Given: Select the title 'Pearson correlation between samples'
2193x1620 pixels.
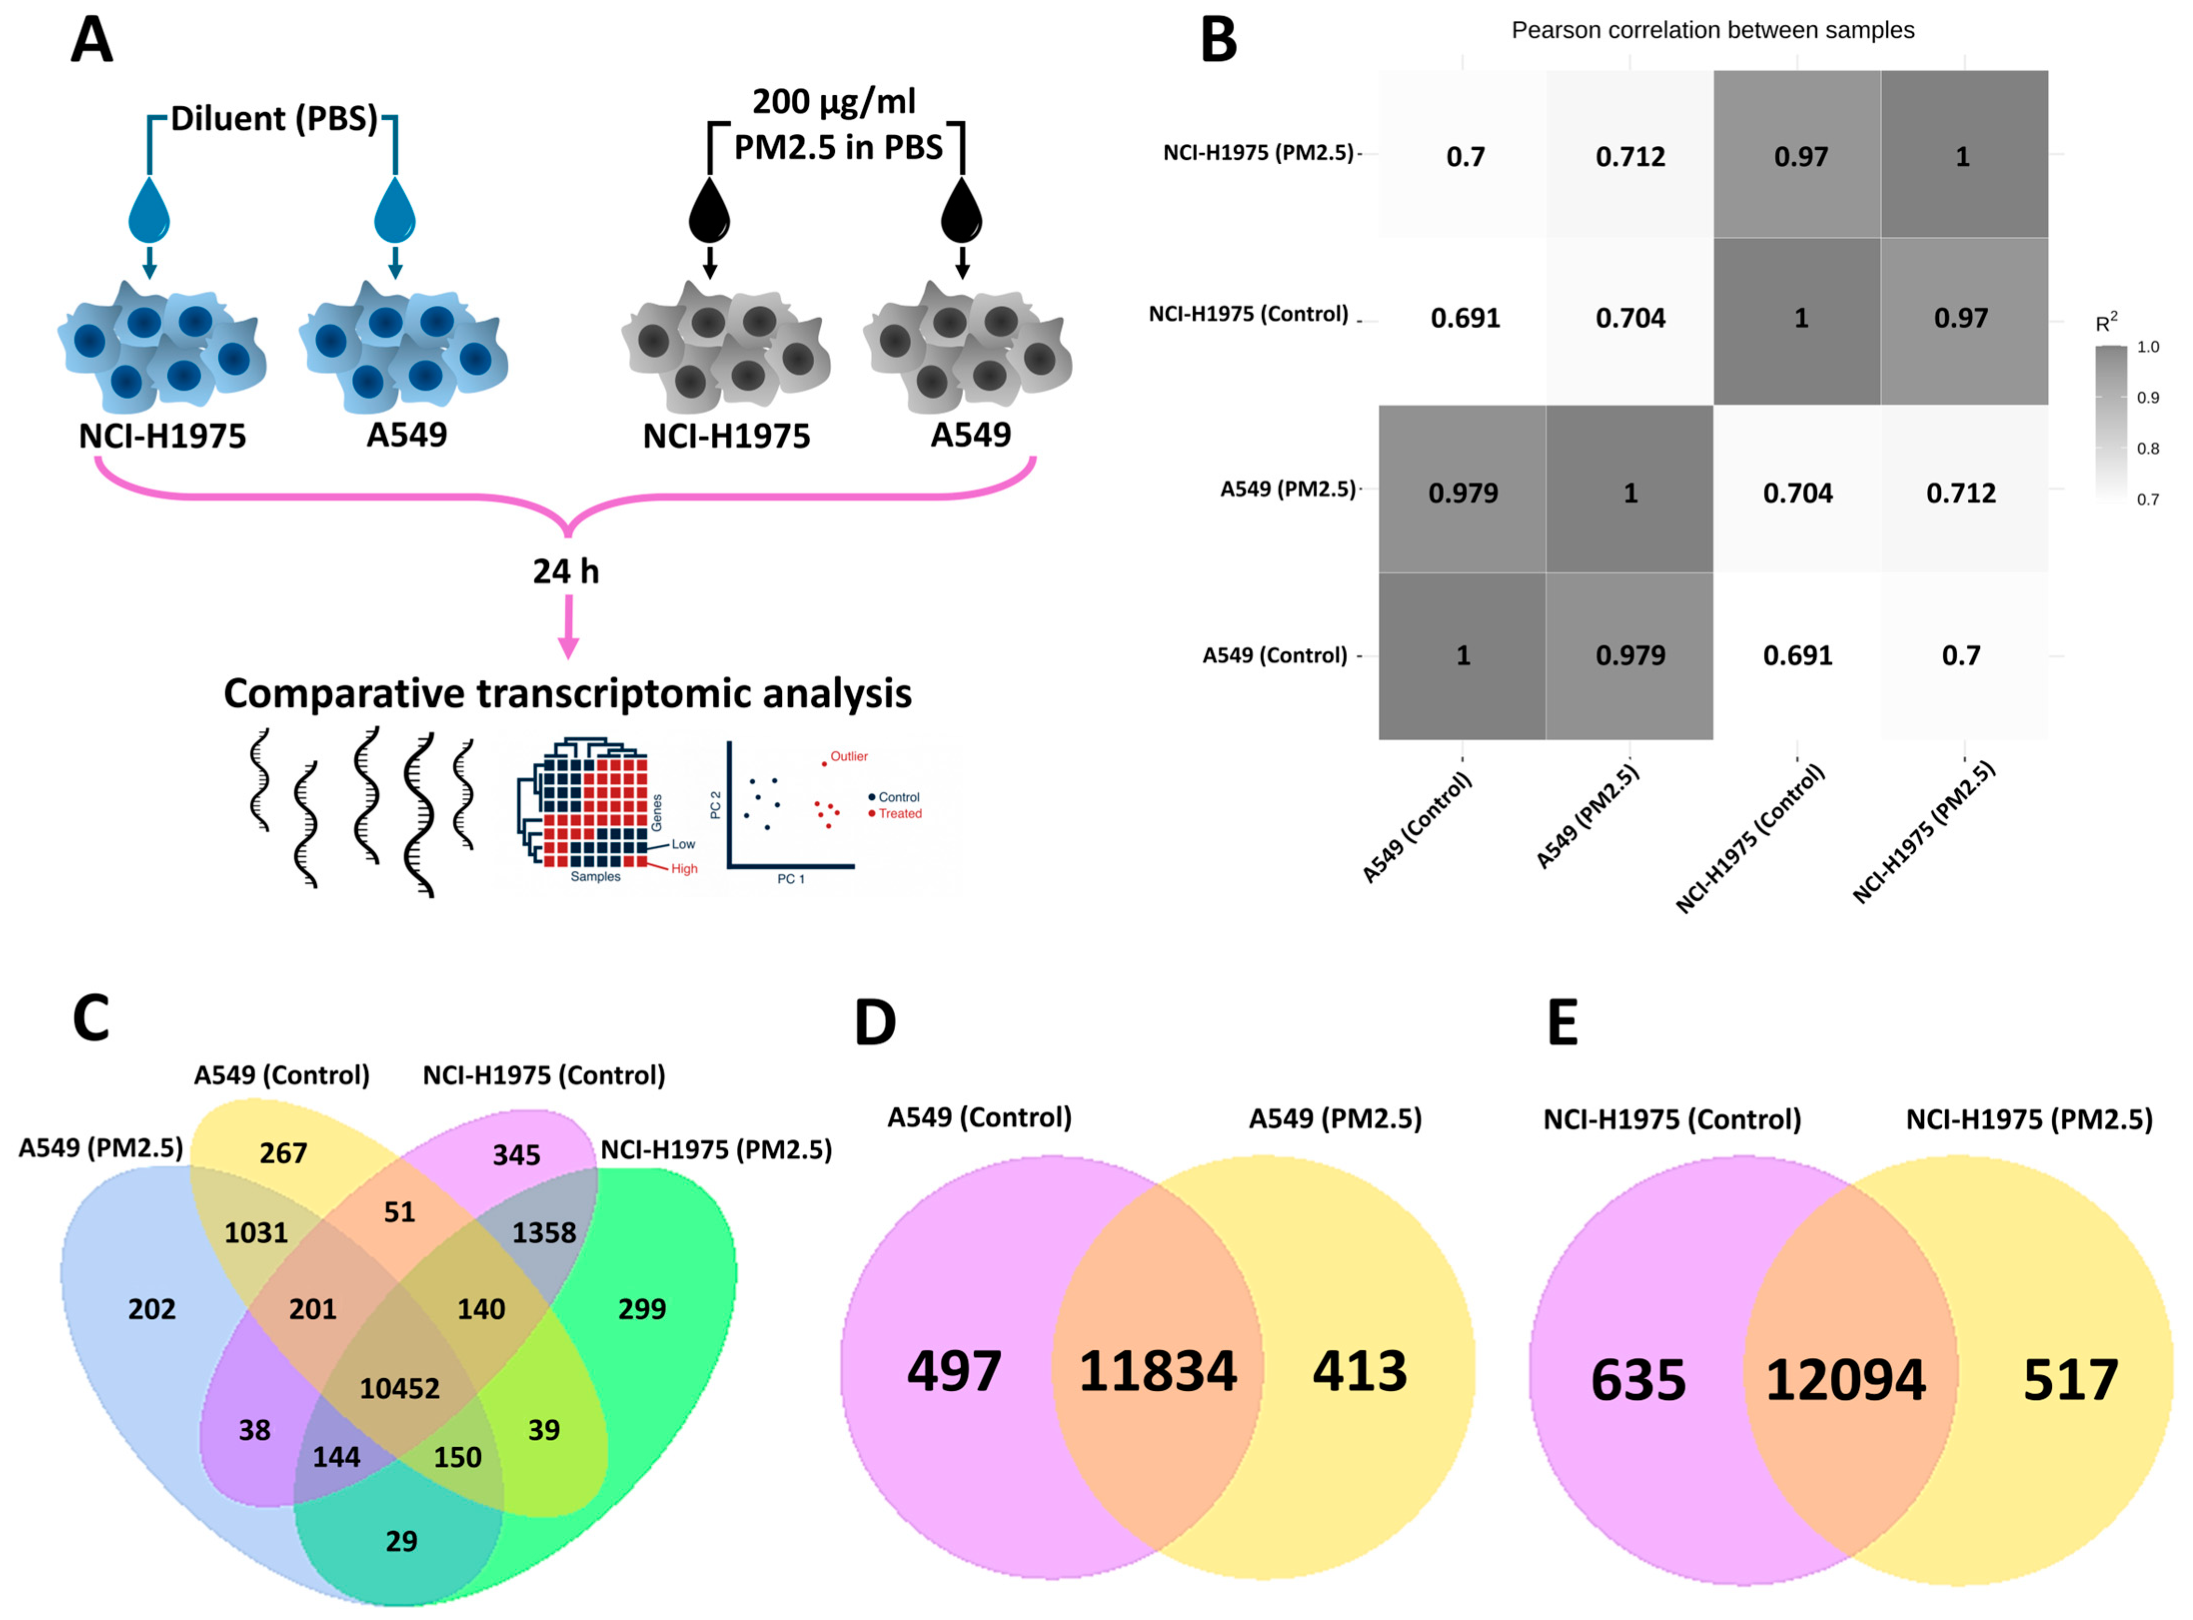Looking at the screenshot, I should [1712, 30].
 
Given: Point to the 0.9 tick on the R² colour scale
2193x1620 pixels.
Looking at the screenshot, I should [2148, 397].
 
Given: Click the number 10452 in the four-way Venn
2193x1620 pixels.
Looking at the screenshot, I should [399, 1388].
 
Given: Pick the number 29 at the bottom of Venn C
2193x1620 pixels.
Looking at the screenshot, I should [401, 1541].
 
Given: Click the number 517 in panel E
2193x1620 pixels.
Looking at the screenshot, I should [2071, 1380].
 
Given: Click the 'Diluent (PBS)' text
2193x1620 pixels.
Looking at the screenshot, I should [274, 119].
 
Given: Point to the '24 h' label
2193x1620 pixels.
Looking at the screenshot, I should [566, 571].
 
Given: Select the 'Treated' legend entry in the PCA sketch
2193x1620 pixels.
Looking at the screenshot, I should [899, 813].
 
